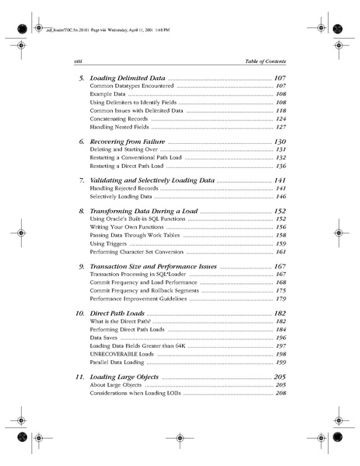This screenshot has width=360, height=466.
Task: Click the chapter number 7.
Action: (82, 180)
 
